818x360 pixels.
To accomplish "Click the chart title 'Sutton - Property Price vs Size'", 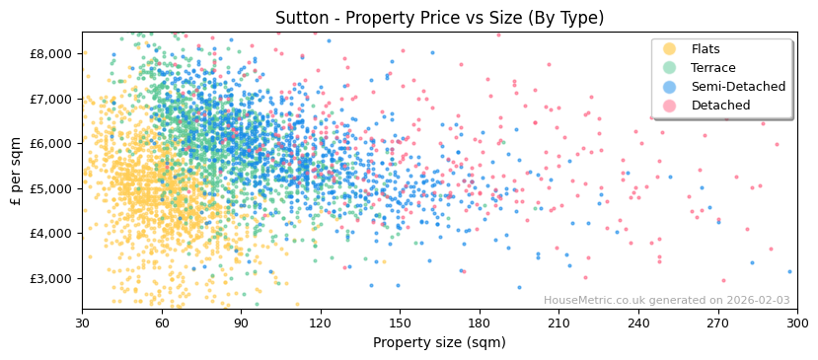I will (x=439, y=18).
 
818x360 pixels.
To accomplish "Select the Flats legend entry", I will (x=705, y=49).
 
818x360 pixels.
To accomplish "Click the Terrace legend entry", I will (x=712, y=68).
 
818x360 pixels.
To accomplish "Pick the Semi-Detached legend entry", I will (x=737, y=87).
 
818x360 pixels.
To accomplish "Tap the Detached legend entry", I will (x=720, y=106).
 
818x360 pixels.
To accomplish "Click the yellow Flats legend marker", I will (x=669, y=49).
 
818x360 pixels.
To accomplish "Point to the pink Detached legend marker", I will (x=669, y=106).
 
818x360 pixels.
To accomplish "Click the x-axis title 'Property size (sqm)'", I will (x=439, y=343).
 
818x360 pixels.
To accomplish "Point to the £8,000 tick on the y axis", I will (x=52, y=53).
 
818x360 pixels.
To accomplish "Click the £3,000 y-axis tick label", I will (x=52, y=278).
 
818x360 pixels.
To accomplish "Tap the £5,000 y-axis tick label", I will (x=52, y=188).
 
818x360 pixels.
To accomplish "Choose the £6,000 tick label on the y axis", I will (x=52, y=143).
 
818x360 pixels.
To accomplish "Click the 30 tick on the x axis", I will (x=82, y=323).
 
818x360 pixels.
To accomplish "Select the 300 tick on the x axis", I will (x=797, y=323).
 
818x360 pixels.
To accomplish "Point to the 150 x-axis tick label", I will (x=400, y=323).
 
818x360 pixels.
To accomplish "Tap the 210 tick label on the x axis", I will (x=558, y=323).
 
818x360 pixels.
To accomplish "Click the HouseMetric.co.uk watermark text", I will (x=666, y=301).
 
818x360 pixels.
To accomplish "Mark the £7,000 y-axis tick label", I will (x=52, y=99).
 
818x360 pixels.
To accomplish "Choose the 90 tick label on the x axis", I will (x=241, y=323).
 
